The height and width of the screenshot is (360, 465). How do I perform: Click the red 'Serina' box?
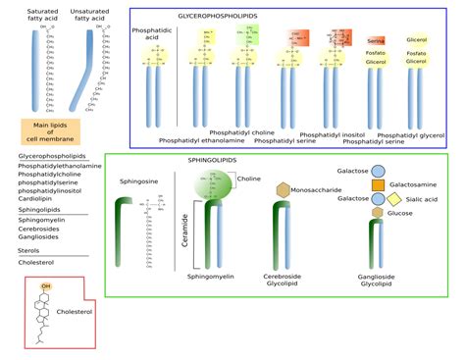pos(349,39)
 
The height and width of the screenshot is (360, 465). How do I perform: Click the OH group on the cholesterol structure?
pos(45,286)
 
